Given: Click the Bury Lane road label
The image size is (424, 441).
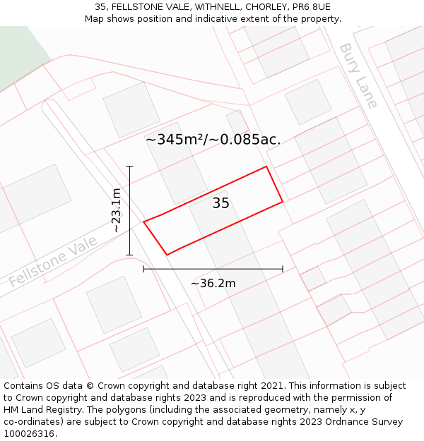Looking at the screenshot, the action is point(358,75).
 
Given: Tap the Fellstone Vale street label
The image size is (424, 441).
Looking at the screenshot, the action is point(53,262).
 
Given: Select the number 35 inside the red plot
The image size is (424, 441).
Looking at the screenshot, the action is point(221,203).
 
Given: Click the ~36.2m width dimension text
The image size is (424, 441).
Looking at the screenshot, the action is point(213,284).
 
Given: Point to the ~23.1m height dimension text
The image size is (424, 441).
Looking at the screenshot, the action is point(116,210).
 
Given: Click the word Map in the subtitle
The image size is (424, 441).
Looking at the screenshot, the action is point(95,18).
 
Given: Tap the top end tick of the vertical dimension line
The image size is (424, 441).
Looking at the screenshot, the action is point(130,167).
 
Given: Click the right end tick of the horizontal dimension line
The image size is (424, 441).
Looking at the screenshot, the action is point(283,269).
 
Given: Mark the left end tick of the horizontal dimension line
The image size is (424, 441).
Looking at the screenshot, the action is point(143,269).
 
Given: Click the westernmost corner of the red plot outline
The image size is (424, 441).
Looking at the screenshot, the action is point(144,222).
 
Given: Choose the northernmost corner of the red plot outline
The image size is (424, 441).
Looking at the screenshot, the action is point(266,167).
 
